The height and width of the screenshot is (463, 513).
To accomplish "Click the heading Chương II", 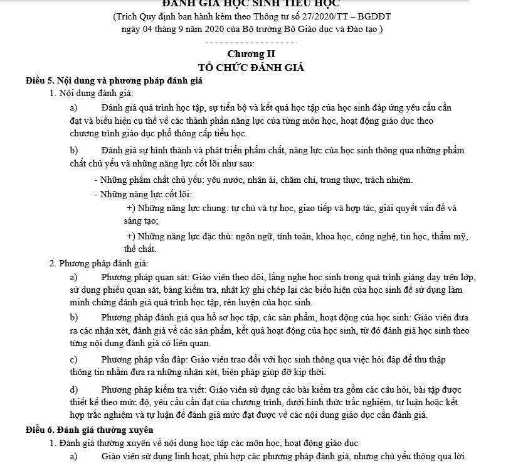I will point(251,54).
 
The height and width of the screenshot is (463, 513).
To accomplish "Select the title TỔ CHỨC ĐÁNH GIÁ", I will point(251,68).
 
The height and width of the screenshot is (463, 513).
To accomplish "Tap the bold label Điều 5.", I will point(40,81).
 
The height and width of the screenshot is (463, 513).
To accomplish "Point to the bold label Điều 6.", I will point(40,430).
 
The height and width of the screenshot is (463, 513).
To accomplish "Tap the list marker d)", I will point(75,389).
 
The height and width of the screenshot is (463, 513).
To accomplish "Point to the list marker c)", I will point(74,360).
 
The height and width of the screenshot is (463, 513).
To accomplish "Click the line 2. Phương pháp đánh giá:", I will point(98,263).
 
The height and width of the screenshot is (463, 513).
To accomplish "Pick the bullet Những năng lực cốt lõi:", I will point(145,193).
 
